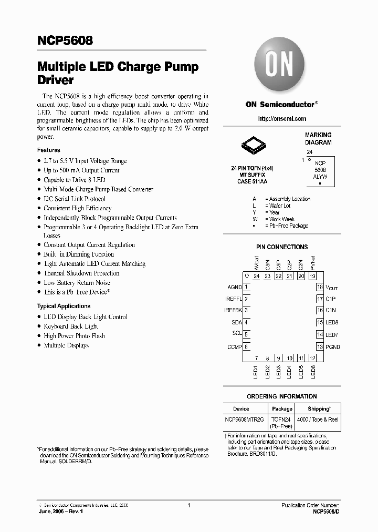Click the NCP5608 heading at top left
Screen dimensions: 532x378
click(65, 40)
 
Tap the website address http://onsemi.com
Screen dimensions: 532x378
click(282, 119)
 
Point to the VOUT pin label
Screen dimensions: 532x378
click(332, 288)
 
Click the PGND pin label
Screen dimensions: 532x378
click(332, 347)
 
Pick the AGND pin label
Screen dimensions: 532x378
click(234, 288)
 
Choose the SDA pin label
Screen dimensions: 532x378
click(236, 322)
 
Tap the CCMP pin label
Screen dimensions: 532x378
click(234, 346)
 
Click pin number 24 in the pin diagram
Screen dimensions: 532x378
click(256, 277)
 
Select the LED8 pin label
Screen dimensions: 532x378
click(331, 322)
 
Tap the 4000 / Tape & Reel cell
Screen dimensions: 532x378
click(319, 420)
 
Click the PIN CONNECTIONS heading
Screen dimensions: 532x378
click(282, 247)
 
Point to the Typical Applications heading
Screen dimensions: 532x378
click(64, 306)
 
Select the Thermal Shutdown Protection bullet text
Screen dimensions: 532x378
click(81, 273)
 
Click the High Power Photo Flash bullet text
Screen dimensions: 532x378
click(74, 336)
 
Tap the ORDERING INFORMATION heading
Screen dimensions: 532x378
click(282, 396)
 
